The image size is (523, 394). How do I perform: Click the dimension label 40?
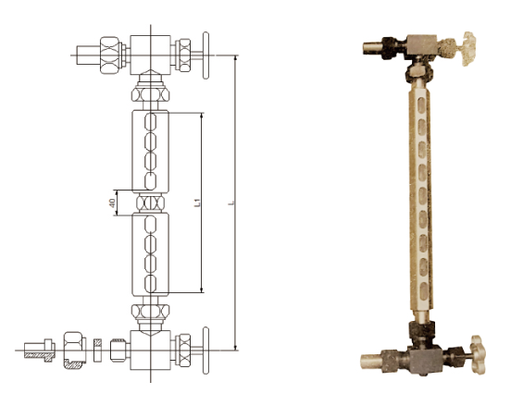point(112,203)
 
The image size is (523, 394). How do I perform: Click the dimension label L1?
point(197,203)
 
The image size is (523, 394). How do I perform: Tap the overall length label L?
point(232,203)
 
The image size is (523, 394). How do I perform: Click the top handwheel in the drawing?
point(205,55)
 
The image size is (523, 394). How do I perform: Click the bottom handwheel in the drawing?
point(205,351)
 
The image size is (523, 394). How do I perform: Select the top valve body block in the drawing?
point(151,55)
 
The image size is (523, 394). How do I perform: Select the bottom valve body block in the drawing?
point(151,350)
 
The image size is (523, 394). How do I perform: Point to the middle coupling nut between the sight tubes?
point(151,203)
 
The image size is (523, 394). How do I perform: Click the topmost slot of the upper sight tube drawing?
point(151,122)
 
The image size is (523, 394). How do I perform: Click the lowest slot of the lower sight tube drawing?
point(151,284)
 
